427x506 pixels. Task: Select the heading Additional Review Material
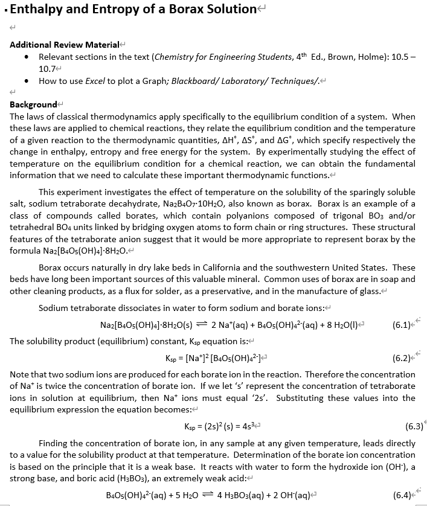coord(65,45)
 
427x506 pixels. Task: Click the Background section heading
coord(33,104)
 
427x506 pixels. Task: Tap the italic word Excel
coord(94,81)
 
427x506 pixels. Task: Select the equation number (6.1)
coord(402,324)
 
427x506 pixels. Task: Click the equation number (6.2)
coord(402,358)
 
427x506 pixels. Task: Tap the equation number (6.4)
coord(402,495)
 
